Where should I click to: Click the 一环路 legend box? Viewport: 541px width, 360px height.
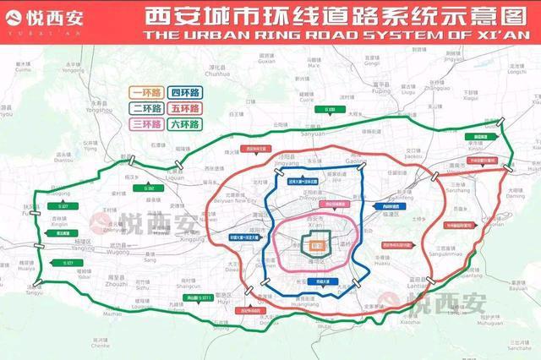tap(145, 92)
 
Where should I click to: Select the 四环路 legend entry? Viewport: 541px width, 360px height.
tap(184, 92)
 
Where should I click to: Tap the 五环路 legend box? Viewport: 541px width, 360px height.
tap(184, 108)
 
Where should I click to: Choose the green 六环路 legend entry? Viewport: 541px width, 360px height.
tap(184, 124)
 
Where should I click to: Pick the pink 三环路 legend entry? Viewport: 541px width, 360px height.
tap(145, 124)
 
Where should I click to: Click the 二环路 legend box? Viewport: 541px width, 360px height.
tap(145, 108)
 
